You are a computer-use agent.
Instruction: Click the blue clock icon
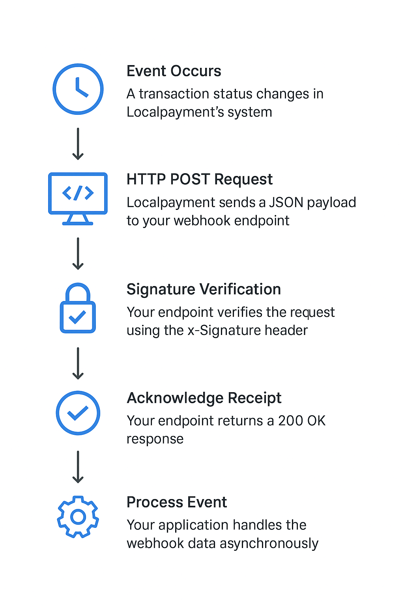(x=78, y=89)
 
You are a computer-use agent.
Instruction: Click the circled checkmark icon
(x=78, y=413)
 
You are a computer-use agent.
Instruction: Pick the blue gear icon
(x=78, y=516)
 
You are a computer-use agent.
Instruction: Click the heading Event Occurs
(x=174, y=71)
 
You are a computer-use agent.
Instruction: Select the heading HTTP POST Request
(x=199, y=180)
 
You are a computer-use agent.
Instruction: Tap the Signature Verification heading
(x=204, y=290)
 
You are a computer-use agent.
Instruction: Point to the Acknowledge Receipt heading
(x=204, y=398)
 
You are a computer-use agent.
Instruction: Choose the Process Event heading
(x=176, y=502)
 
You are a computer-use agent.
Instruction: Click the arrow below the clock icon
(x=78, y=144)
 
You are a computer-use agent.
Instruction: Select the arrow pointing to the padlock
(x=78, y=254)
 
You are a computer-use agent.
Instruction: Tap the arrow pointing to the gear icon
(x=78, y=467)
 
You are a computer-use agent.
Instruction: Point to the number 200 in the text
(x=290, y=421)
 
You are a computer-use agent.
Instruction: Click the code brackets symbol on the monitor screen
(x=78, y=193)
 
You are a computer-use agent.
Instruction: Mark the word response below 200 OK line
(x=155, y=440)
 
